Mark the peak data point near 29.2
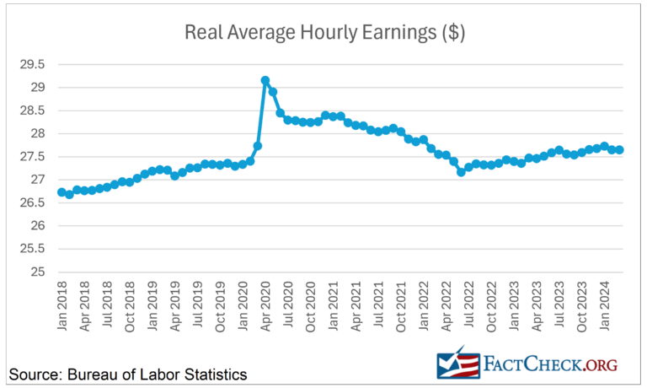[265, 81]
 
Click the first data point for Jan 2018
[61, 192]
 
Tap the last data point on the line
[620, 150]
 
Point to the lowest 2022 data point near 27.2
[461, 171]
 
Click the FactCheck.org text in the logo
[551, 364]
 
